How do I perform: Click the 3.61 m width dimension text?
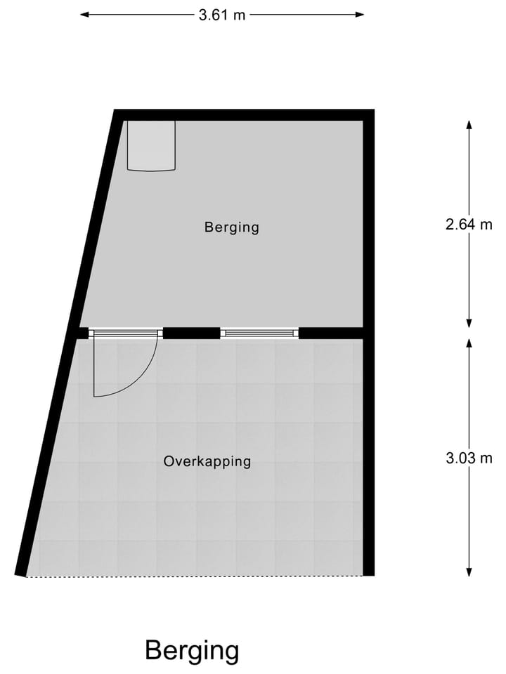coord(221,15)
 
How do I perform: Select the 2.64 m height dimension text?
coord(469,225)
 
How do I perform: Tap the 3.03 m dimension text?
coord(469,458)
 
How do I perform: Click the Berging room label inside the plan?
coord(232,227)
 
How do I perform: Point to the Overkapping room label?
coord(207,462)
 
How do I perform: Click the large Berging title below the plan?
coord(192,650)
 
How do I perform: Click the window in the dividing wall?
coord(259,333)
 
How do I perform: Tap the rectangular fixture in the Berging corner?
coord(150,145)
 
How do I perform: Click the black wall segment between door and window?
coord(191,333)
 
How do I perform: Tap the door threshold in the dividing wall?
coord(125,333)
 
